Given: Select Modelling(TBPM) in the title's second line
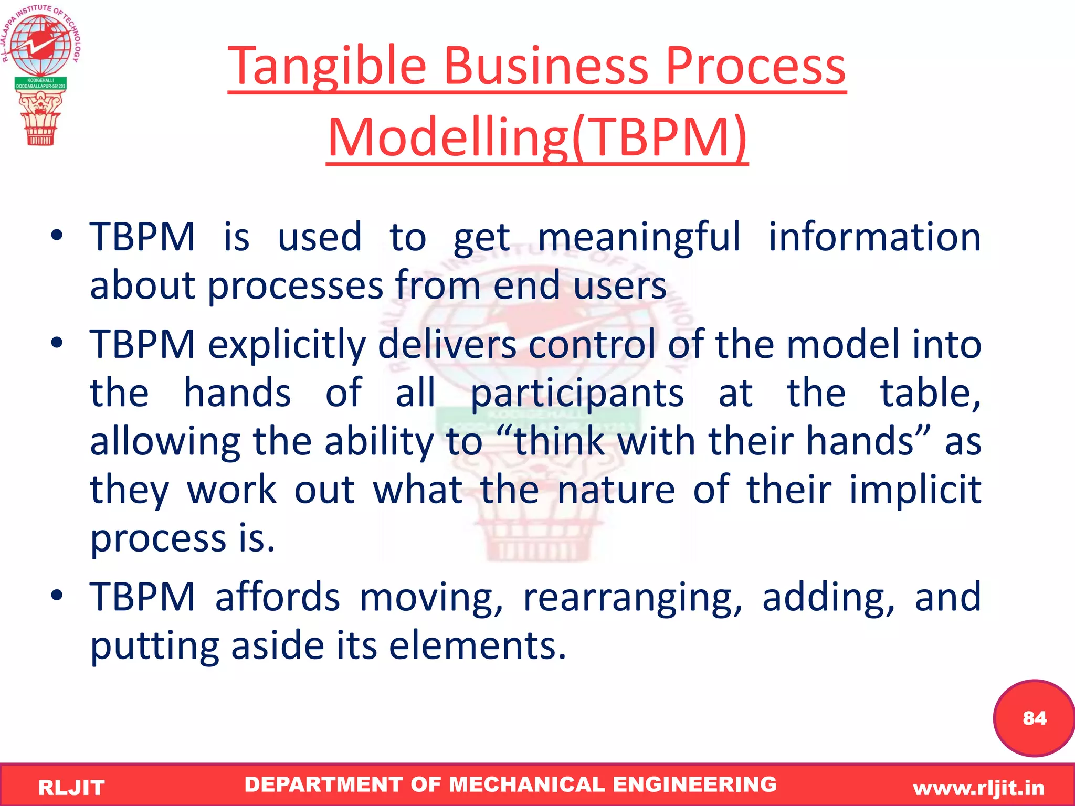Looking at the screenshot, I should pyautogui.click(x=537, y=137).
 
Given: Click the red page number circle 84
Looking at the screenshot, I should pyautogui.click(x=1034, y=717).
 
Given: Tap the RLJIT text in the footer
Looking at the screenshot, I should pyautogui.click(x=71, y=788).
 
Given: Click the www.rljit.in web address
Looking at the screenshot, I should pyautogui.click(x=978, y=788).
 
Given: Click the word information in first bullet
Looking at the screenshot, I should pyautogui.click(x=874, y=237).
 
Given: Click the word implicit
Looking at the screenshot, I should pyautogui.click(x=915, y=490).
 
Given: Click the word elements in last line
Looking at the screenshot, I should pyautogui.click(x=477, y=645).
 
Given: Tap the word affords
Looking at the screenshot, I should pyautogui.click(x=277, y=597).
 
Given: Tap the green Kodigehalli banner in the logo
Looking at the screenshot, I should pyautogui.click(x=40, y=83).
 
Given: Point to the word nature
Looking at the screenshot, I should pyautogui.click(x=616, y=490).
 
